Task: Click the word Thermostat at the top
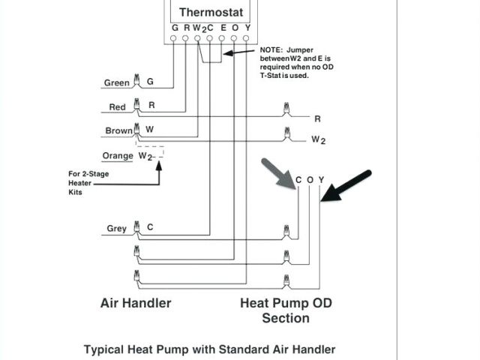point(209,12)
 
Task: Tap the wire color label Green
point(116,82)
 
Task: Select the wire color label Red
point(118,106)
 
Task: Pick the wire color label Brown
point(118,130)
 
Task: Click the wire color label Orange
point(118,155)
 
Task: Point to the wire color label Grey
point(116,228)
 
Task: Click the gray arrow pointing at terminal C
point(277,174)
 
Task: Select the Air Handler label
point(136,303)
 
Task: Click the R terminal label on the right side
point(317,118)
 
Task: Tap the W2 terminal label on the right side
point(319,139)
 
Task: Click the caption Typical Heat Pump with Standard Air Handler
point(209,349)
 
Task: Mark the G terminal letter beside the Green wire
point(150,82)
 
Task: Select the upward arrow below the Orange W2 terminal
point(158,172)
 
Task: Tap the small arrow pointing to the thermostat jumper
point(239,52)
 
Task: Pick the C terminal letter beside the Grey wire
point(150,226)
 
